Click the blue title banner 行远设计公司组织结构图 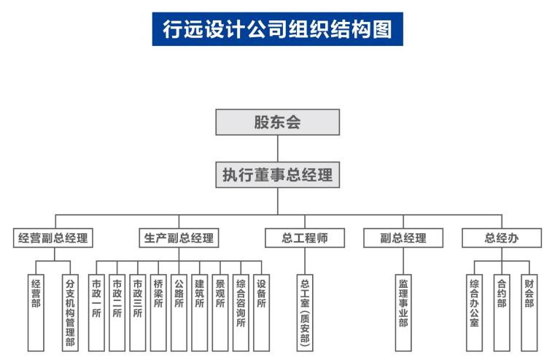click(x=277, y=29)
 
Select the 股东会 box click(x=277, y=122)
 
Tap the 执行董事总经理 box click(x=277, y=175)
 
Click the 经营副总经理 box click(x=55, y=238)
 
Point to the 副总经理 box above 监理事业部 click(x=403, y=238)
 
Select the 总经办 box click(x=502, y=238)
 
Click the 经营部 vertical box click(x=36, y=312)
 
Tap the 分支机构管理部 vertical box click(x=70, y=312)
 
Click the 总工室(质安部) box click(x=305, y=312)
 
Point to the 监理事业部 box click(x=403, y=312)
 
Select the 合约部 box click(x=502, y=312)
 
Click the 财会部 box click(x=529, y=312)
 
